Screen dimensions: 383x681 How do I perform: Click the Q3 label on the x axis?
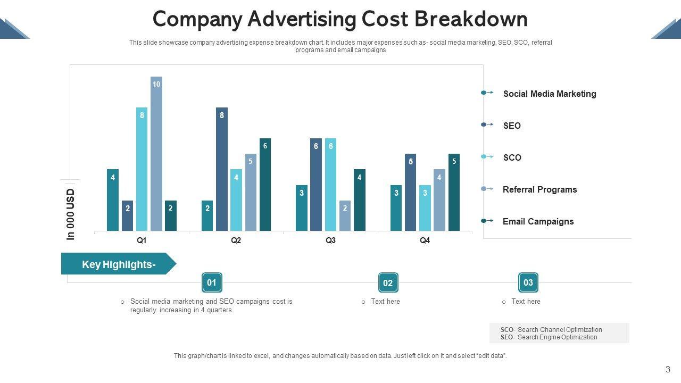[x=330, y=240]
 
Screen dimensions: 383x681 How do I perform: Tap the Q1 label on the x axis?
[x=142, y=240]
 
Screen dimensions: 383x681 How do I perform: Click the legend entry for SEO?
[x=512, y=126]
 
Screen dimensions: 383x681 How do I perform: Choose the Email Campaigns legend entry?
[x=538, y=221]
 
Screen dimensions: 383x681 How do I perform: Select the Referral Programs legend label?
[x=539, y=189]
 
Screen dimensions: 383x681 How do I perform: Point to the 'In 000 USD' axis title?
[x=71, y=214]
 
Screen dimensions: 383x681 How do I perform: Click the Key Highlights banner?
[x=118, y=264]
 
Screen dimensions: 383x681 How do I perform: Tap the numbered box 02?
[x=388, y=283]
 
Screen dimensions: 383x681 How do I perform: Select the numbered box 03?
[x=528, y=282]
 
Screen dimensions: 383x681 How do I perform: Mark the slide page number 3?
[x=668, y=370]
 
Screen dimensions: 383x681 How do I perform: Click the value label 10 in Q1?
[x=156, y=84]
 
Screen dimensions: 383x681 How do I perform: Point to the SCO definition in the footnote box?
[x=551, y=330]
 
